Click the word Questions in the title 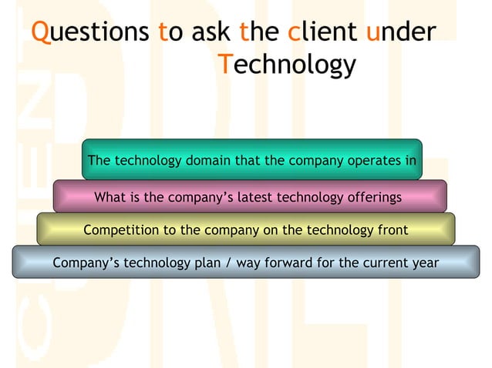click(x=89, y=32)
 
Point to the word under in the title click(x=401, y=32)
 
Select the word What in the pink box click(x=111, y=198)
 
